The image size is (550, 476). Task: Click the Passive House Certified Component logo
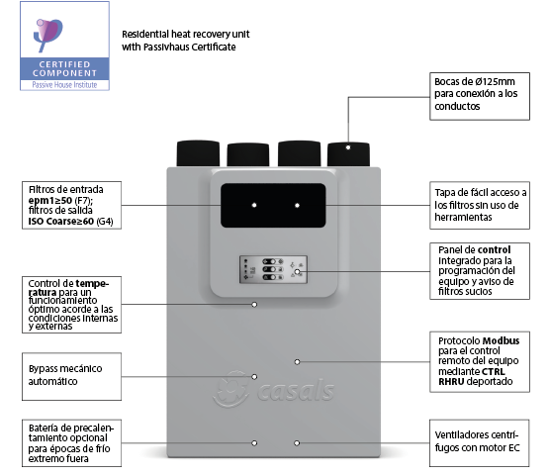(64, 46)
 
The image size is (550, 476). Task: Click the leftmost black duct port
(198, 153)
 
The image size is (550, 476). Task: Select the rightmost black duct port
(348, 154)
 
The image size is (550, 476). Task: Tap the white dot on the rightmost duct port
(348, 147)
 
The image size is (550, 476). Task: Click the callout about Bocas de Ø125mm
(480, 96)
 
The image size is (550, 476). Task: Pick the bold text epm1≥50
(50, 201)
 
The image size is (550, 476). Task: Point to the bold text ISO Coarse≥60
(61, 222)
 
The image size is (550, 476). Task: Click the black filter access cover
(273, 206)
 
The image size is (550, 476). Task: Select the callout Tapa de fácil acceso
(480, 206)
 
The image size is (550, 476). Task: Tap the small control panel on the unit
(273, 269)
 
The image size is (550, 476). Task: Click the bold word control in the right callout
(494, 250)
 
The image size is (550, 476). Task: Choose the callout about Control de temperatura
(71, 305)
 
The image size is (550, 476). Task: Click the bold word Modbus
(501, 340)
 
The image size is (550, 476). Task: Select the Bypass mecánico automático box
(71, 376)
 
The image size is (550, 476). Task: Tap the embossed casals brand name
(297, 391)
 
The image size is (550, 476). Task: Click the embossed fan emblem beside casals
(231, 389)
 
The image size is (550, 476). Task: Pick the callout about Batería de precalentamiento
(71, 443)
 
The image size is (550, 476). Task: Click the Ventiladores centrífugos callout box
(479, 443)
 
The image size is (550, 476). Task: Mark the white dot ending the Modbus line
(297, 362)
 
